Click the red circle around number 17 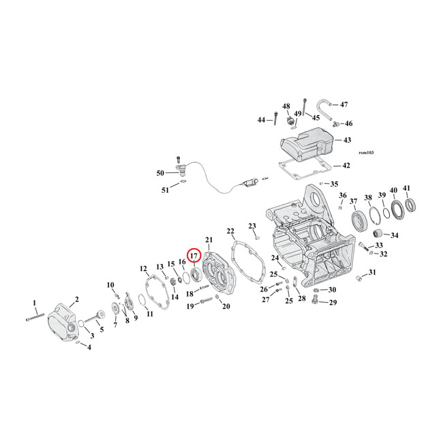click(194, 256)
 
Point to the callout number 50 click(160, 173)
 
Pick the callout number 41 click(407, 189)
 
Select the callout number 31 click(371, 273)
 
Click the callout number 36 click(343, 196)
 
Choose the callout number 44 click(261, 120)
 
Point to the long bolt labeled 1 click(35, 316)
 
